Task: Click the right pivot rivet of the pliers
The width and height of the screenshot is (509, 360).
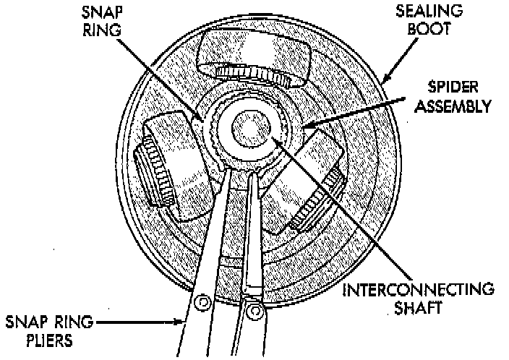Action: click(254, 310)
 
